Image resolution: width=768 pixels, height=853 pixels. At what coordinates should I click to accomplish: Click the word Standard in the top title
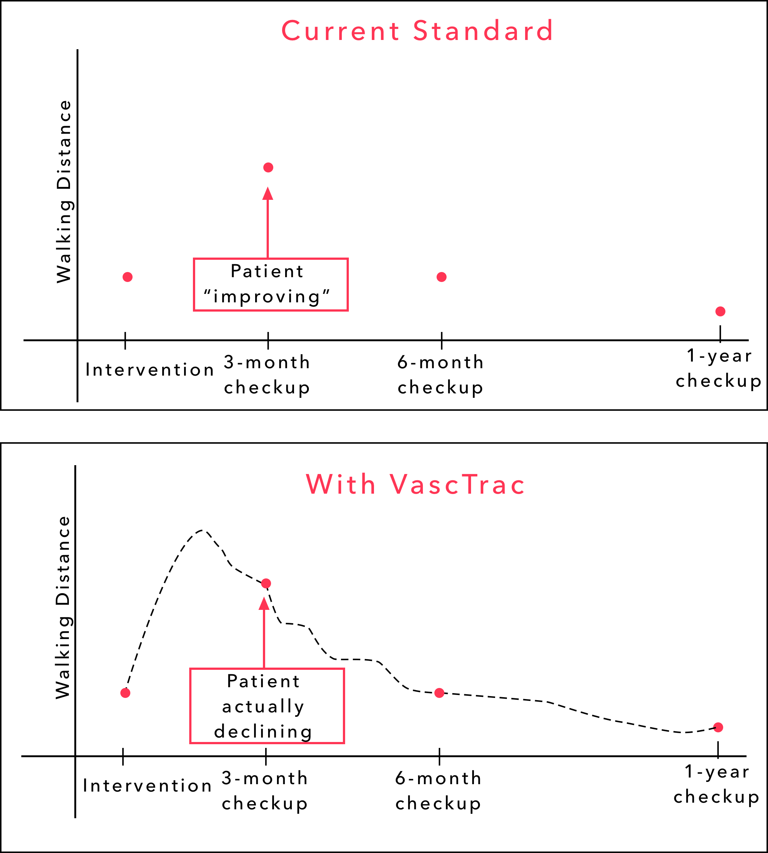point(483,31)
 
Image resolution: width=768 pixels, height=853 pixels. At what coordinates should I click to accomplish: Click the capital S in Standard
point(420,31)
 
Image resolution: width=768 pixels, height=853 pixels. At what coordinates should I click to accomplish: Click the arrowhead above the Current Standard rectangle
point(267,194)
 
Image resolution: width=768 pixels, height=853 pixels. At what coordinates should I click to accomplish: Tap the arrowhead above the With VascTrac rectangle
point(264,604)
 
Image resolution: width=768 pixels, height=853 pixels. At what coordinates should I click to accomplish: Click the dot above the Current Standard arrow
point(268,167)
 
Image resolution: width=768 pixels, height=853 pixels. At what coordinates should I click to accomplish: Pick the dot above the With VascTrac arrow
point(266,583)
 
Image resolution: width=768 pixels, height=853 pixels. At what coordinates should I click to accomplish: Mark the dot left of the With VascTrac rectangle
point(125,693)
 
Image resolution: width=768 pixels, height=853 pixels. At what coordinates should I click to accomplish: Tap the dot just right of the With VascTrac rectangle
point(439,693)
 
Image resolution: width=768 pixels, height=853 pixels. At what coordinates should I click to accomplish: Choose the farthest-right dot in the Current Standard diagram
point(720,311)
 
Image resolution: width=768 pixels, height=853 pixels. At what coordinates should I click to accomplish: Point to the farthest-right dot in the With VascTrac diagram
point(718,727)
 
